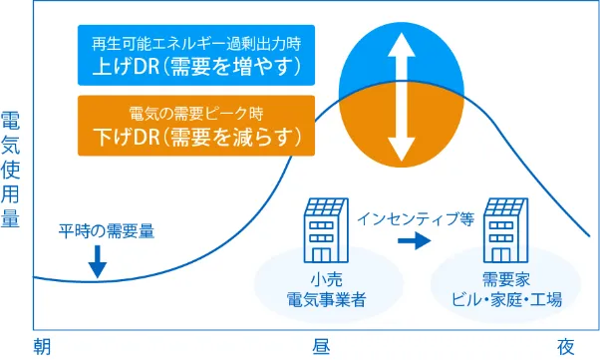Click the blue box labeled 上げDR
(x=194, y=56)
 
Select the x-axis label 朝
(x=41, y=346)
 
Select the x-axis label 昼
(x=322, y=346)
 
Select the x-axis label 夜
(x=566, y=346)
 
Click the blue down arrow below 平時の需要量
(x=97, y=260)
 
